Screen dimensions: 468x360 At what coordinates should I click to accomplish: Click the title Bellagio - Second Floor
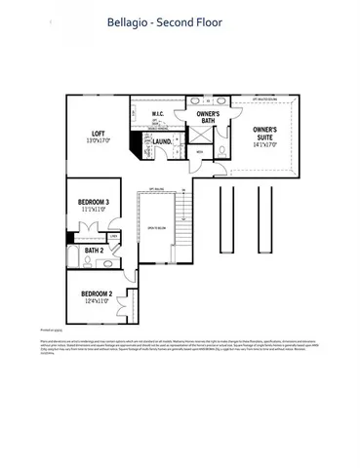tap(180, 20)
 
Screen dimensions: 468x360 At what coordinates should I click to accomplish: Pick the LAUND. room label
tap(163, 141)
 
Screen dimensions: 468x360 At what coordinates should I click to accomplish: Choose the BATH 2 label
tap(94, 251)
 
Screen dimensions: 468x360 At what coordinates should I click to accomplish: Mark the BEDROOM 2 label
tap(97, 293)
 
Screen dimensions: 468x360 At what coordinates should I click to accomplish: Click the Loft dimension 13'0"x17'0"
tap(99, 141)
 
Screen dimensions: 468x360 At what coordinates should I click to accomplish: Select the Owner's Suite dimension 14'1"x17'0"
tap(264, 142)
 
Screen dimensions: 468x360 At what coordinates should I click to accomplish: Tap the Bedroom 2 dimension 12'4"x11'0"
tap(97, 301)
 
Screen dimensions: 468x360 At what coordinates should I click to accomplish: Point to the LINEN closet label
tap(114, 236)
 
